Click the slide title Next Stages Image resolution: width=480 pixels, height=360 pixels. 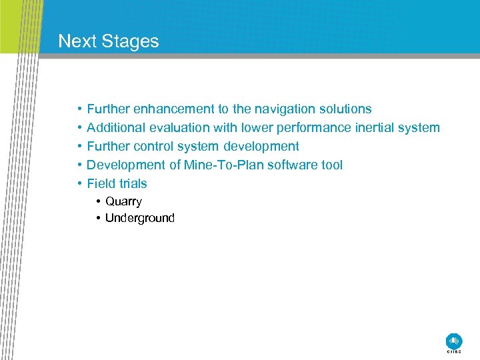pyautogui.click(x=109, y=41)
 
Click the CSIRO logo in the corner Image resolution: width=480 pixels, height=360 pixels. pyautogui.click(x=453, y=341)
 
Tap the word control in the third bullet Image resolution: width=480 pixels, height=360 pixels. pyautogui.click(x=155, y=146)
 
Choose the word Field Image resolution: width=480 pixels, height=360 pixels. pyautogui.click(x=101, y=183)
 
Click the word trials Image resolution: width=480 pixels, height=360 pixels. pyautogui.click(x=133, y=183)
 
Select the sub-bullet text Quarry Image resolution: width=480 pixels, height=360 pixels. pyautogui.click(x=123, y=201)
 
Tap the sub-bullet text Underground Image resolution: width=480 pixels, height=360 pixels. pyautogui.click(x=139, y=218)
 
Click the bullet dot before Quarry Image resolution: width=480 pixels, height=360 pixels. pyautogui.click(x=98, y=201)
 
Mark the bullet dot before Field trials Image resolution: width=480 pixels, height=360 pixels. pyautogui.click(x=79, y=183)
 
